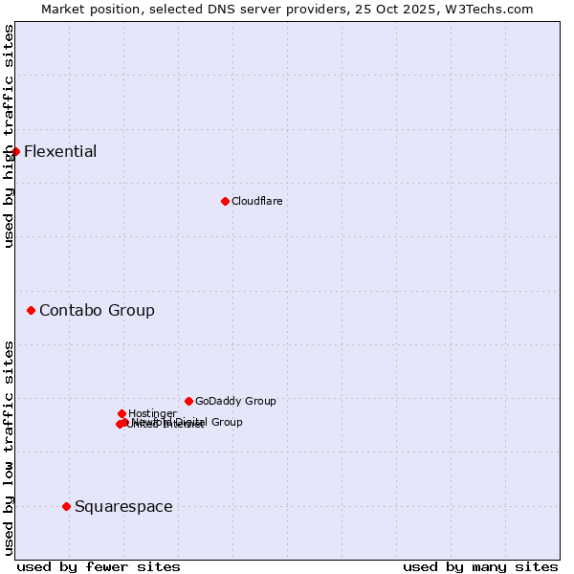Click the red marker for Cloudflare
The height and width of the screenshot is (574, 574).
pos(225,201)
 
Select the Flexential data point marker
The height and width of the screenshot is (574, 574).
pos(15,151)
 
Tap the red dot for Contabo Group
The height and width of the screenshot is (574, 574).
pos(32,310)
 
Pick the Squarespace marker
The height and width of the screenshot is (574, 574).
pos(66,506)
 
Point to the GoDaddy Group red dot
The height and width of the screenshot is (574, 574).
pos(188,401)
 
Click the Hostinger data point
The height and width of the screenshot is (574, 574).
pos(121,413)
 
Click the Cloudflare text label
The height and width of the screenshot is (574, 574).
pos(256,201)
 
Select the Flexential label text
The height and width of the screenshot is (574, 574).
pos(60,151)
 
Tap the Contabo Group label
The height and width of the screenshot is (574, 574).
pos(97,310)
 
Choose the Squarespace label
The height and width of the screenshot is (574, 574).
pos(123,506)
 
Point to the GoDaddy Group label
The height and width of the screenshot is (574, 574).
pos(235,401)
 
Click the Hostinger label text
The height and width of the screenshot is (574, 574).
pos(152,413)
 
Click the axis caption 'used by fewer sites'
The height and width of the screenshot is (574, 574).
pos(99,566)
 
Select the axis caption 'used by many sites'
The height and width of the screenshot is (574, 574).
pos(480,566)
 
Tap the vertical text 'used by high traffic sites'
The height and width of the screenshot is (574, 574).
pos(9,136)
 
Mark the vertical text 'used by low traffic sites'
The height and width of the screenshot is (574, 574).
pos(9,447)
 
